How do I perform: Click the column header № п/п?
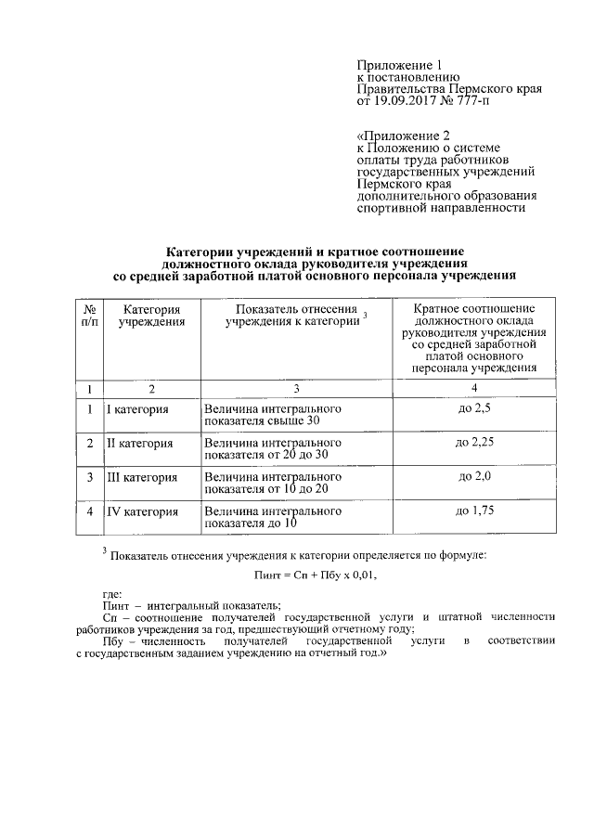click(89, 315)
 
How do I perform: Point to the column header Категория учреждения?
click(150, 315)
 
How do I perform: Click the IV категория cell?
click(141, 511)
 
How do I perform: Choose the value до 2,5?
click(473, 408)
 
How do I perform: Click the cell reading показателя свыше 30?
click(262, 421)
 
